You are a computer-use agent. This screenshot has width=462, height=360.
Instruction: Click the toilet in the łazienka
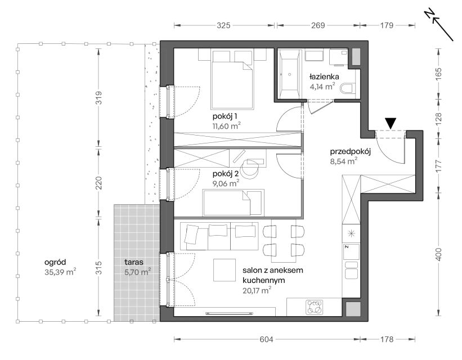coord(348,88)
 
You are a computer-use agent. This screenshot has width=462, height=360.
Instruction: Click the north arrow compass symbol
coord(438,25)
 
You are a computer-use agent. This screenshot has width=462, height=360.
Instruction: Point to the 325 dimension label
coord(223,26)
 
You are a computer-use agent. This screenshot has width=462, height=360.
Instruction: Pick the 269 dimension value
coord(318,26)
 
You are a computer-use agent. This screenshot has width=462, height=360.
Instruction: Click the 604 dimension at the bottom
coord(266,340)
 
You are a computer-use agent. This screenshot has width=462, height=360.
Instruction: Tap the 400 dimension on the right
coord(438,255)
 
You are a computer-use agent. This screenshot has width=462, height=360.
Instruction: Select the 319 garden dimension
coord(98,97)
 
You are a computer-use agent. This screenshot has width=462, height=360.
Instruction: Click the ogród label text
coord(55,262)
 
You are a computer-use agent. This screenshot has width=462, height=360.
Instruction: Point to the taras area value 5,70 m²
coord(138,272)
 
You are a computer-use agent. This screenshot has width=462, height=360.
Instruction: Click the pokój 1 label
coord(225,116)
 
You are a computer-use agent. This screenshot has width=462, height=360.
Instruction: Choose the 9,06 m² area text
coord(226,183)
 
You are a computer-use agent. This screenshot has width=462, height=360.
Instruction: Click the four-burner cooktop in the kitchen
coord(314,307)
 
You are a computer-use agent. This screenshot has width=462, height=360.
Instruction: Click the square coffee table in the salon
coord(225,270)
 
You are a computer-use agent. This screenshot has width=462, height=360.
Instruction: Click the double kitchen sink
coord(351,269)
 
